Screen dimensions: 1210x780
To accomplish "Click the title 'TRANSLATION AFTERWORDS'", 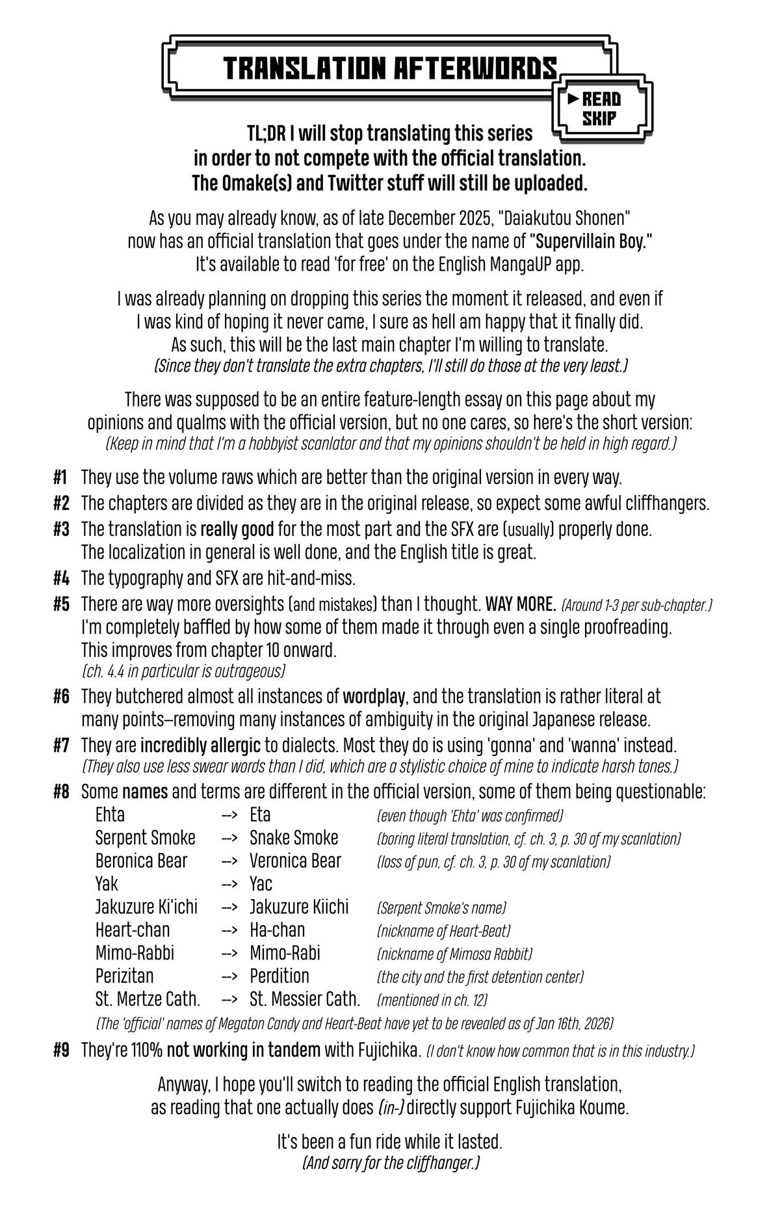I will click(x=390, y=68).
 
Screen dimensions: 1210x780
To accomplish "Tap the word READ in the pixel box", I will click(x=601, y=99).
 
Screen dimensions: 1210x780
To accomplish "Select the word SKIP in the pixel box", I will click(x=599, y=118).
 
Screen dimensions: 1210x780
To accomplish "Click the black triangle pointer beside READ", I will click(x=573, y=99).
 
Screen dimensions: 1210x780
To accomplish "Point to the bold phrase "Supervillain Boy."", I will click(x=591, y=241).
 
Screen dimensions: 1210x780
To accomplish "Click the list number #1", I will click(x=60, y=477).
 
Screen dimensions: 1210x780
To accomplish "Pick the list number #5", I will click(x=60, y=604).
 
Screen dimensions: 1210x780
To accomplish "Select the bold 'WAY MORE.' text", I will click(x=520, y=604).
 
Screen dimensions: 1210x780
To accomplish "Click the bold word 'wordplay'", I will click(x=374, y=697).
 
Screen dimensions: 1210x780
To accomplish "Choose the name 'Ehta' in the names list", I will click(x=110, y=815).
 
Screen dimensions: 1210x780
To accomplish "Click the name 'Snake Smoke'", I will click(x=294, y=838).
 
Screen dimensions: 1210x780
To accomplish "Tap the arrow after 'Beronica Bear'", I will click(x=228, y=861).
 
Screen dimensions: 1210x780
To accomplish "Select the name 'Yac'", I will click(x=261, y=884).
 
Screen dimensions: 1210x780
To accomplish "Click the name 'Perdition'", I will click(x=279, y=976).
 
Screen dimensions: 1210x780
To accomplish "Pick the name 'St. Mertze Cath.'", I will click(x=148, y=999).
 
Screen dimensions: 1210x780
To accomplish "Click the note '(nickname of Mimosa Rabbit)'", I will click(x=454, y=954).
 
